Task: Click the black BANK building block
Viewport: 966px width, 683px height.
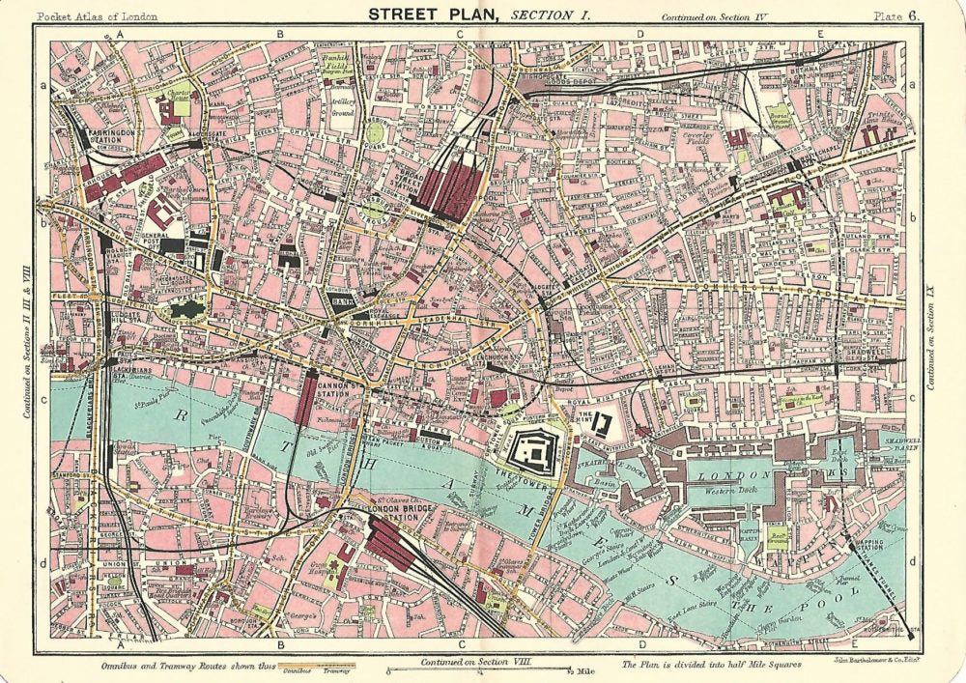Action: [x=341, y=303]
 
